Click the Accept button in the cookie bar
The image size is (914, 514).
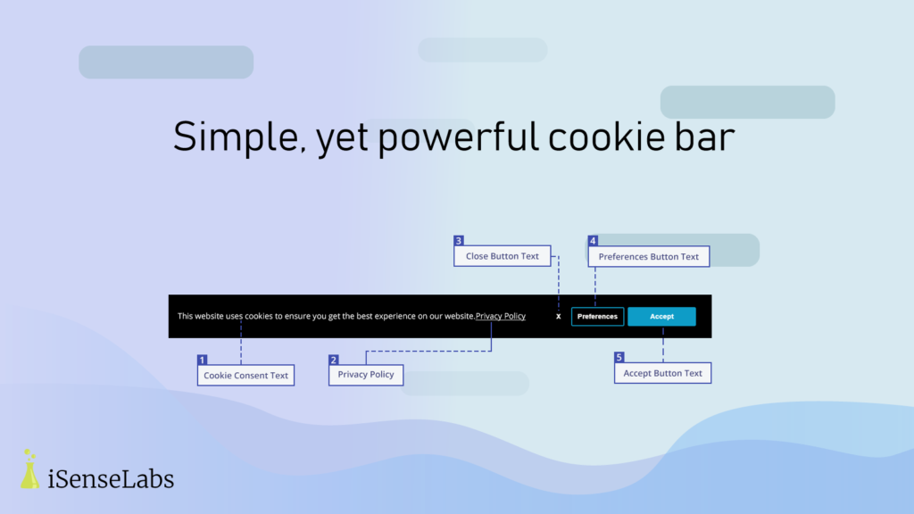(661, 317)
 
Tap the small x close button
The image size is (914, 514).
(559, 317)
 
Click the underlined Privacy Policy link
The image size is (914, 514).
(501, 316)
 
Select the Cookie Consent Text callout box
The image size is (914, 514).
(246, 376)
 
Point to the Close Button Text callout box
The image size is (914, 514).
(503, 256)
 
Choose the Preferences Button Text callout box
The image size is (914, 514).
(649, 256)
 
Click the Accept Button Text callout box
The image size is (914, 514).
(663, 373)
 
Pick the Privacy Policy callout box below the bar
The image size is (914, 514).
(366, 374)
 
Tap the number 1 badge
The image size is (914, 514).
(203, 360)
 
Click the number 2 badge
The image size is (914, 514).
(334, 360)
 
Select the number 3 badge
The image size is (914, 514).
(459, 241)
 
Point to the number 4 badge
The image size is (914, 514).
(593, 241)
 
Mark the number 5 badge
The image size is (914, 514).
(619, 357)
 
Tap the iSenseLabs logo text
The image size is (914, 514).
(111, 479)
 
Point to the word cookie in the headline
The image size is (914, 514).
(606, 137)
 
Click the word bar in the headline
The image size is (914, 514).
(705, 137)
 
